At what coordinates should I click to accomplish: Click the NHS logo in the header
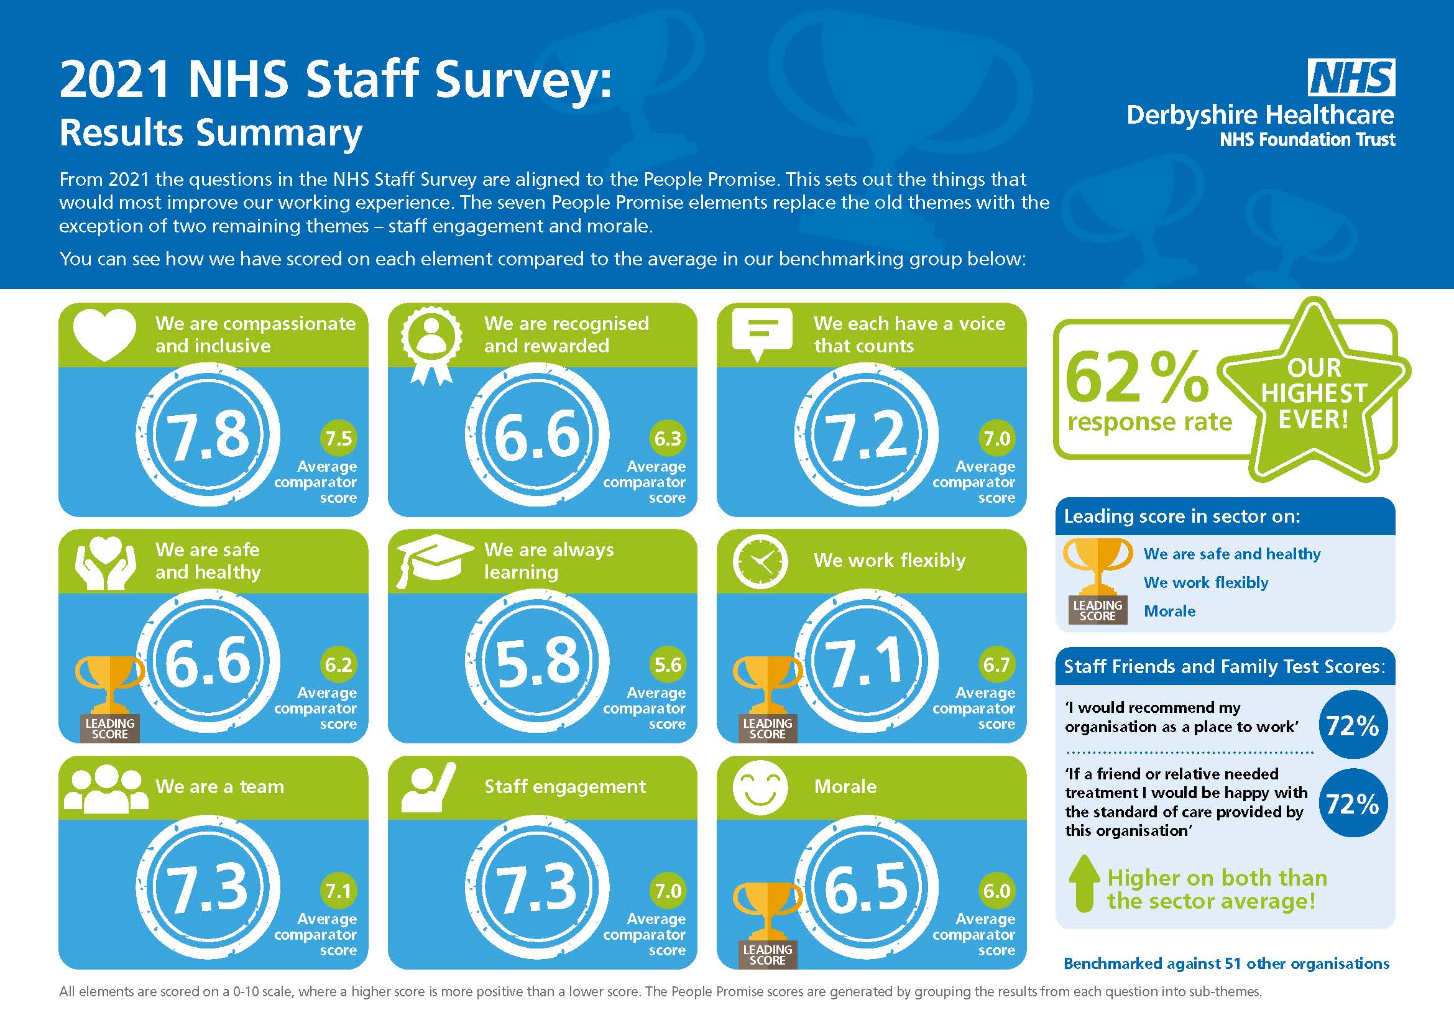(x=1351, y=78)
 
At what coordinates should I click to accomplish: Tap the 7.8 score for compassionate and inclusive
(x=208, y=435)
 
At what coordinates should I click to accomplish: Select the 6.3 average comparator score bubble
(x=668, y=438)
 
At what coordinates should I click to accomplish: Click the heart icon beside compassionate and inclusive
(x=104, y=334)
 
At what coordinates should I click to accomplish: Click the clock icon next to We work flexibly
(x=760, y=561)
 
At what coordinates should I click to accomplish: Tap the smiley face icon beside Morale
(x=760, y=787)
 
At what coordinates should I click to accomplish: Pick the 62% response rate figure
(x=1137, y=379)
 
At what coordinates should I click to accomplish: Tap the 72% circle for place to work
(x=1352, y=725)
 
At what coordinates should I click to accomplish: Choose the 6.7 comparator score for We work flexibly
(x=996, y=664)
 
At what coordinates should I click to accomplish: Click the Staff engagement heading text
(x=565, y=787)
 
